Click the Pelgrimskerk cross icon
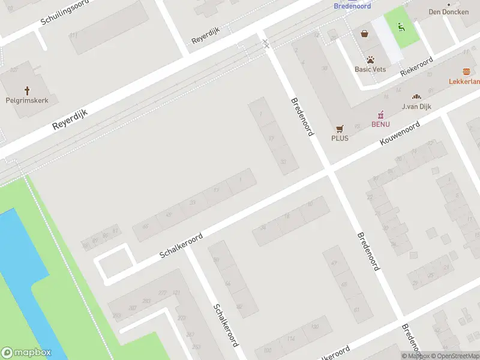(x=27, y=91)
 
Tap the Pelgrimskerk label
(x=27, y=100)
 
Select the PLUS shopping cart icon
(x=340, y=128)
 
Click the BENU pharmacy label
(x=380, y=124)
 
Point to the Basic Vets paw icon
(x=370, y=60)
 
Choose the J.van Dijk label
(x=418, y=107)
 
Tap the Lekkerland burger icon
(x=467, y=71)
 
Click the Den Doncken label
(x=443, y=11)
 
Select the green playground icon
(x=401, y=26)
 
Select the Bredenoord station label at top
(x=352, y=6)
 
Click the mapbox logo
(x=26, y=353)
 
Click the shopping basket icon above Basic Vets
(x=365, y=34)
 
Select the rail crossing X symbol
(x=265, y=43)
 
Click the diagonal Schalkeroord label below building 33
(x=181, y=245)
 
